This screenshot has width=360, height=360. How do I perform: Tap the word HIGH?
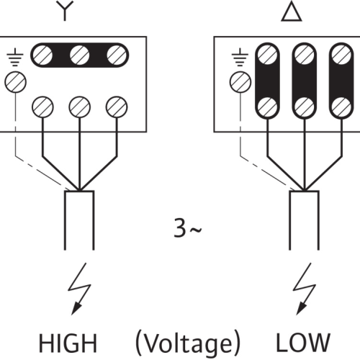coord(68,343)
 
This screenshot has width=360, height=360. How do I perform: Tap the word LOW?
coord(303,343)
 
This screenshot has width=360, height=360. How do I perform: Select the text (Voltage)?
coord(188,343)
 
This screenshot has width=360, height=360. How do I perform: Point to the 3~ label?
coord(188,228)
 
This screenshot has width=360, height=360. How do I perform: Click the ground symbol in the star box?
coord(15,57)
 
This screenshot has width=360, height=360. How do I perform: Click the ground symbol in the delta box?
coord(240,57)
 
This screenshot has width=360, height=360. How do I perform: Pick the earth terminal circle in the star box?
coord(15,82)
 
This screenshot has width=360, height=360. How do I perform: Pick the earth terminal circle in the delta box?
coord(240,82)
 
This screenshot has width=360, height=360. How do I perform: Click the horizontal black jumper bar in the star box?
coord(79,55)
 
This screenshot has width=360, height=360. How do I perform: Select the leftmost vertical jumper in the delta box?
coord(267,81)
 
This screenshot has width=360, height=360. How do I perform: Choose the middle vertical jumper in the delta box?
coord(305,81)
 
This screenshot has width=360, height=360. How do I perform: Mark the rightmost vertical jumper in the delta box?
coord(341,81)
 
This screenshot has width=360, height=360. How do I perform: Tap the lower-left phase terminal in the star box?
coord(42,107)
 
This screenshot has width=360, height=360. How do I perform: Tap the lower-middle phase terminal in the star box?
coord(79,107)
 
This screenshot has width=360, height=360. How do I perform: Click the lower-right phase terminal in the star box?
coord(117,107)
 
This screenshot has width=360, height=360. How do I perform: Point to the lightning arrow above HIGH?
coord(79,289)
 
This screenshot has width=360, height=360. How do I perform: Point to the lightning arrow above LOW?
coord(304,289)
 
